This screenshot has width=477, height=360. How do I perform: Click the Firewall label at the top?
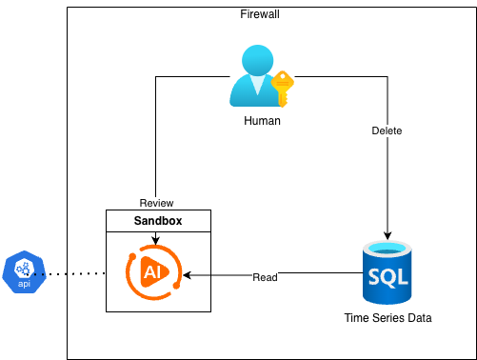[x=261, y=15]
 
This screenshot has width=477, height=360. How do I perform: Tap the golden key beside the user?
[x=282, y=89]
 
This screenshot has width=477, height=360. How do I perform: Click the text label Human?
[x=261, y=122]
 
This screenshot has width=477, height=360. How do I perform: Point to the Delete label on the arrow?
[x=388, y=130]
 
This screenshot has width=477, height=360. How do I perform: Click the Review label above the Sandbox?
[x=156, y=203]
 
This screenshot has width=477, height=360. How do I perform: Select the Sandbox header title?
[x=156, y=220]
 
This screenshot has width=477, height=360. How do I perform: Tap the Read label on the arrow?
[x=266, y=277]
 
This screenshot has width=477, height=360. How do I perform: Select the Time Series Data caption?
[x=388, y=318]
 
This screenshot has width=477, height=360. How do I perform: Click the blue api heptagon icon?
[x=25, y=272]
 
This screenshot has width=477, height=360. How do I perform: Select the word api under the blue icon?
[x=25, y=283]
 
